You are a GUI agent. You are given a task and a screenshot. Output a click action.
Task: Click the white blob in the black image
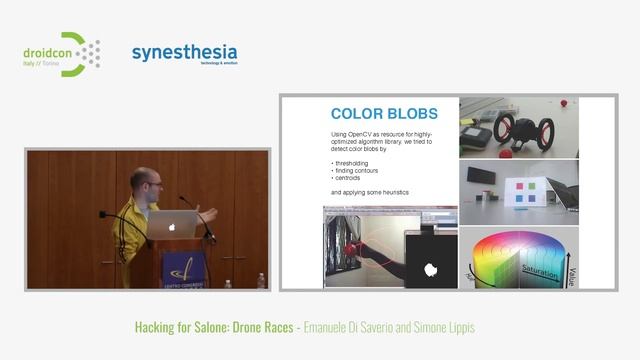pos(433,268)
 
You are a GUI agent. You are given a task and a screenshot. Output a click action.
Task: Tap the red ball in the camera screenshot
pos(565,102)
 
